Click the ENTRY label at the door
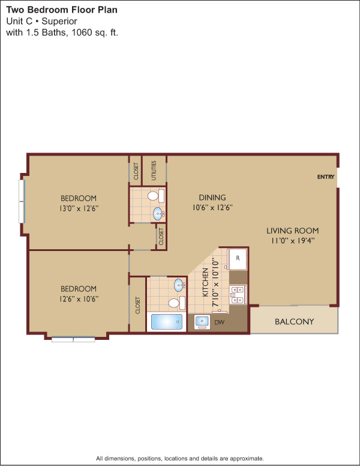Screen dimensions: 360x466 pyautogui.click(x=326, y=177)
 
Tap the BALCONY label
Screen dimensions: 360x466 pyautogui.click(x=295, y=321)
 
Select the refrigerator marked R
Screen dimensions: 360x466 pyautogui.click(x=237, y=259)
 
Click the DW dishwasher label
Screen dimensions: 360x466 pyautogui.click(x=220, y=322)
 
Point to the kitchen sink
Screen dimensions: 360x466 pyautogui.click(x=202, y=322)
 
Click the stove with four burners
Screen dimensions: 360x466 pyautogui.click(x=238, y=294)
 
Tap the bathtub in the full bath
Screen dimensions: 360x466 pyautogui.click(x=167, y=322)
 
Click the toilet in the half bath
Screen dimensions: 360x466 pyautogui.click(x=156, y=196)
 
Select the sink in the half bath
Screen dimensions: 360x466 pyautogui.click(x=158, y=213)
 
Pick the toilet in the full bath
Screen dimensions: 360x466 pyautogui.click(x=177, y=303)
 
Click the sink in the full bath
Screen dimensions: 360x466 pyautogui.click(x=179, y=285)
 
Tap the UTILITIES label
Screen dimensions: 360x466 pyautogui.click(x=154, y=171)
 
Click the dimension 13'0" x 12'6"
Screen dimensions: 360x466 pyautogui.click(x=79, y=208)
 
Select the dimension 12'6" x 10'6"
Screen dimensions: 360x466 pyautogui.click(x=79, y=298)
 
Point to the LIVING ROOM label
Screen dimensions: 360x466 pyautogui.click(x=293, y=231)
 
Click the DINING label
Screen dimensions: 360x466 pyautogui.click(x=212, y=198)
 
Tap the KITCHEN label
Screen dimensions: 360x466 pyautogui.click(x=206, y=282)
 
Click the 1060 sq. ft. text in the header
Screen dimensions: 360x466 pyautogui.click(x=95, y=32)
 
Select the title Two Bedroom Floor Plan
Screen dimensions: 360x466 pyautogui.click(x=62, y=10)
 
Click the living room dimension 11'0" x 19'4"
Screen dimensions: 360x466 pyautogui.click(x=293, y=240)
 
